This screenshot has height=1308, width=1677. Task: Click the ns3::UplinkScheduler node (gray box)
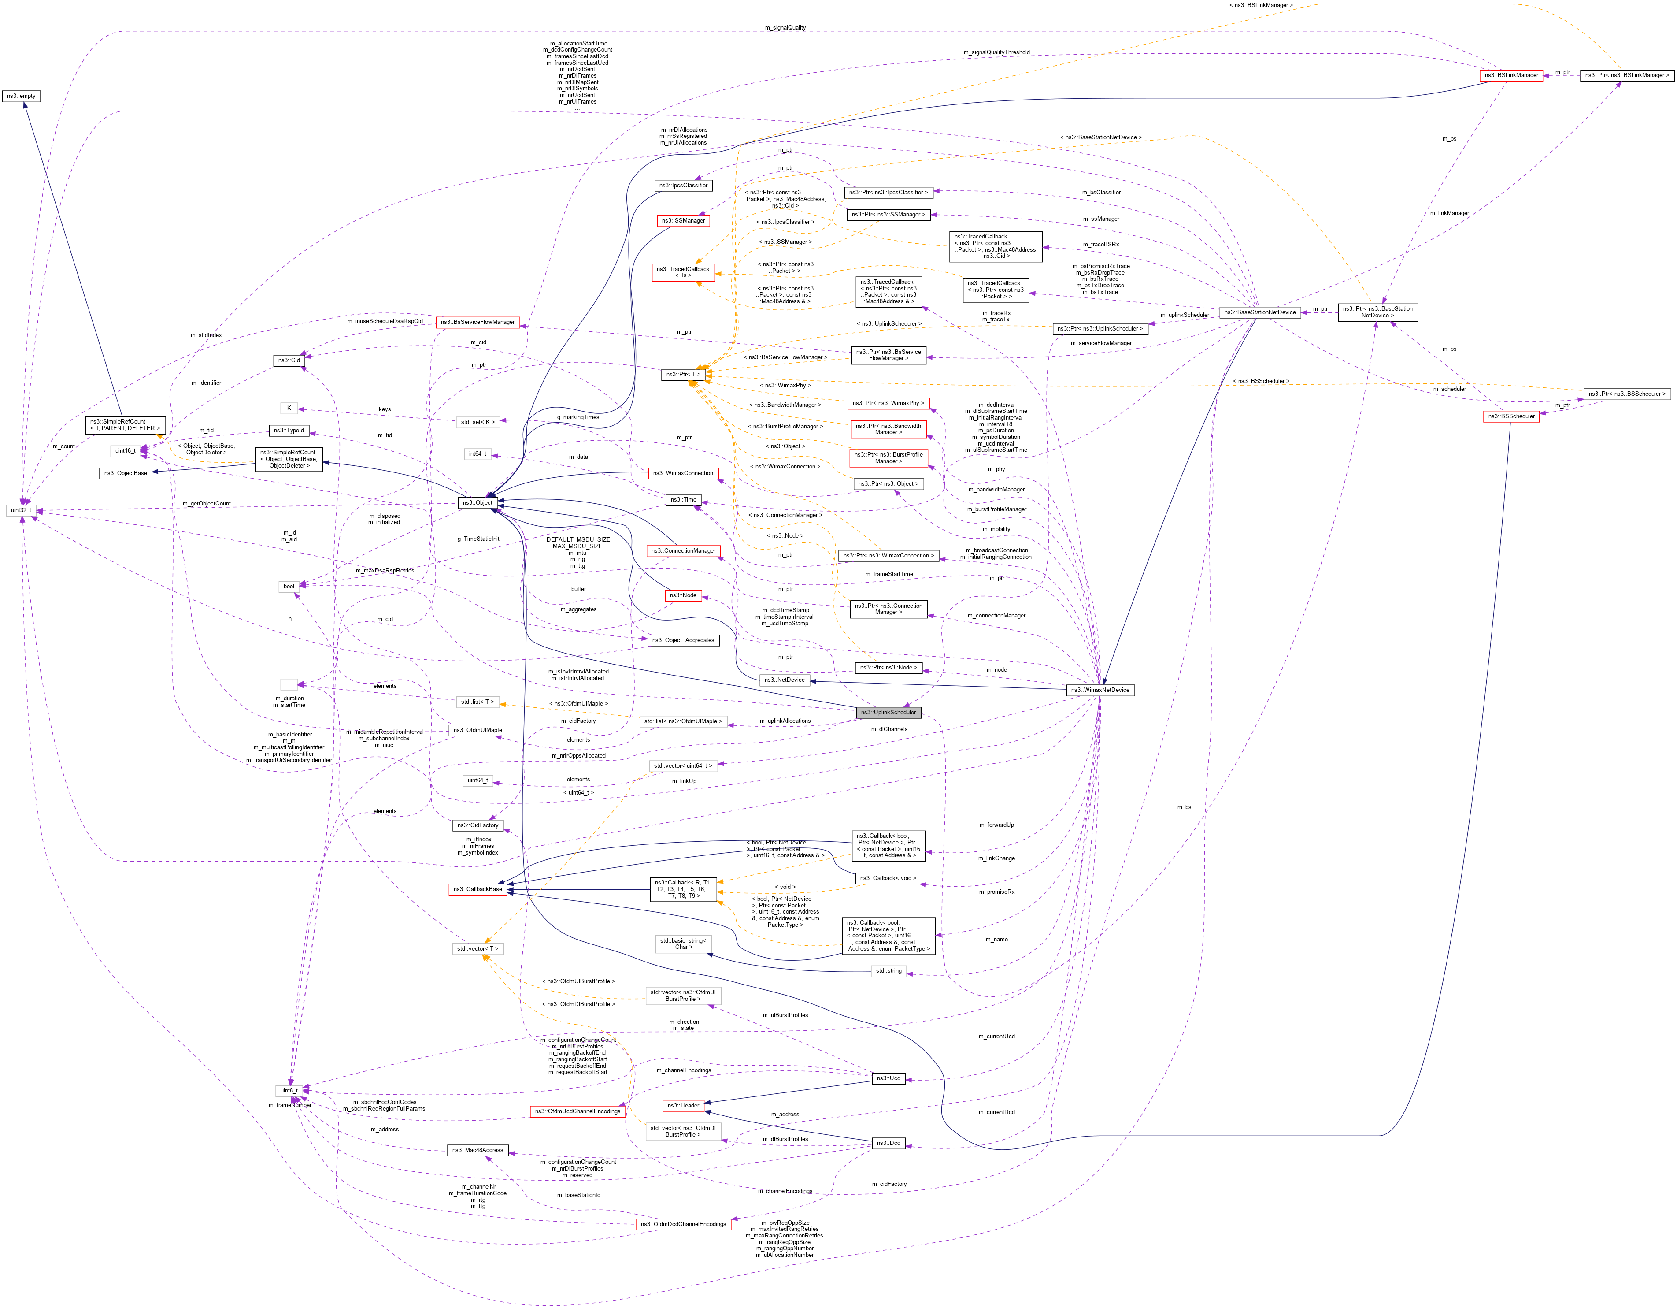pyautogui.click(x=888, y=712)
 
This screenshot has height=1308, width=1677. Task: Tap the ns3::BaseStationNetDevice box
pyautogui.click(x=1260, y=312)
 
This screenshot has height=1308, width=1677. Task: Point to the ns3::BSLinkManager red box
pyautogui.click(x=1511, y=75)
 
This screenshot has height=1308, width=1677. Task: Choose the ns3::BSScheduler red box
pyautogui.click(x=1511, y=416)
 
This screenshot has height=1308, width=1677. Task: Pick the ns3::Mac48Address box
pyautogui.click(x=478, y=1150)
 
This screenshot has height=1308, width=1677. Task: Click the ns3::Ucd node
pyautogui.click(x=888, y=1078)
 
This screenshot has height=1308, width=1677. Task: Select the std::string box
pyautogui.click(x=888, y=971)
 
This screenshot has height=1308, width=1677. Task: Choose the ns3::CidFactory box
pyautogui.click(x=478, y=825)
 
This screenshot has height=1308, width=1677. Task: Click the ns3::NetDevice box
pyautogui.click(x=785, y=680)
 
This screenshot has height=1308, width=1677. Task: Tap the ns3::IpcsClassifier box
pyautogui.click(x=683, y=185)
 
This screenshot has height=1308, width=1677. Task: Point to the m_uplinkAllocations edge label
pyautogui.click(x=785, y=721)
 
